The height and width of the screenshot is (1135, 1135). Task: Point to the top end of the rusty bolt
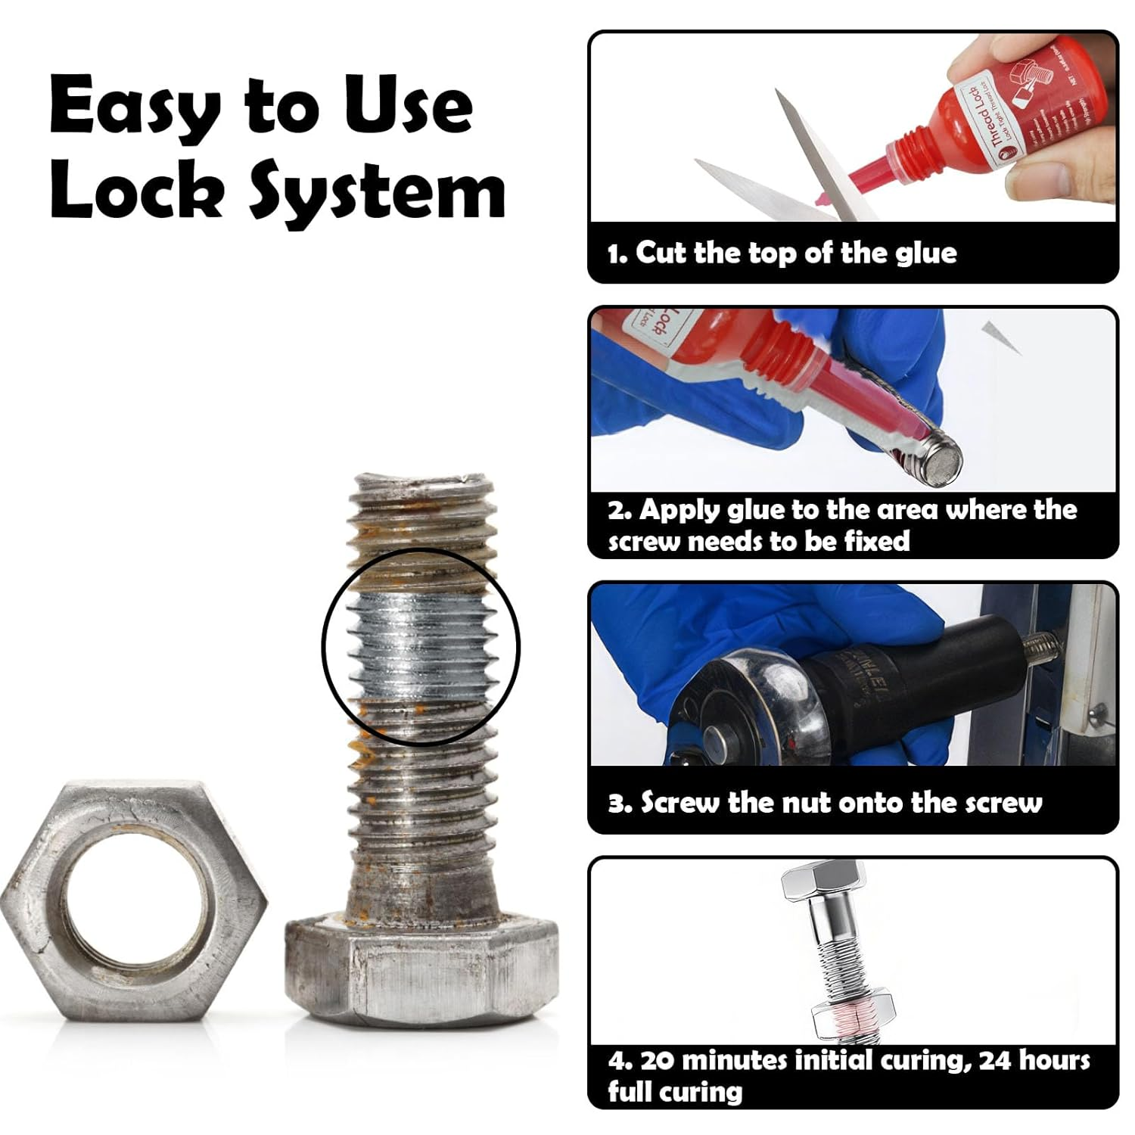coord(421,484)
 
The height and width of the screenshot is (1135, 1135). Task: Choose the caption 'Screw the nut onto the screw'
coord(825,803)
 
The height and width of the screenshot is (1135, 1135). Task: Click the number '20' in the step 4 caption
coord(657,1060)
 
